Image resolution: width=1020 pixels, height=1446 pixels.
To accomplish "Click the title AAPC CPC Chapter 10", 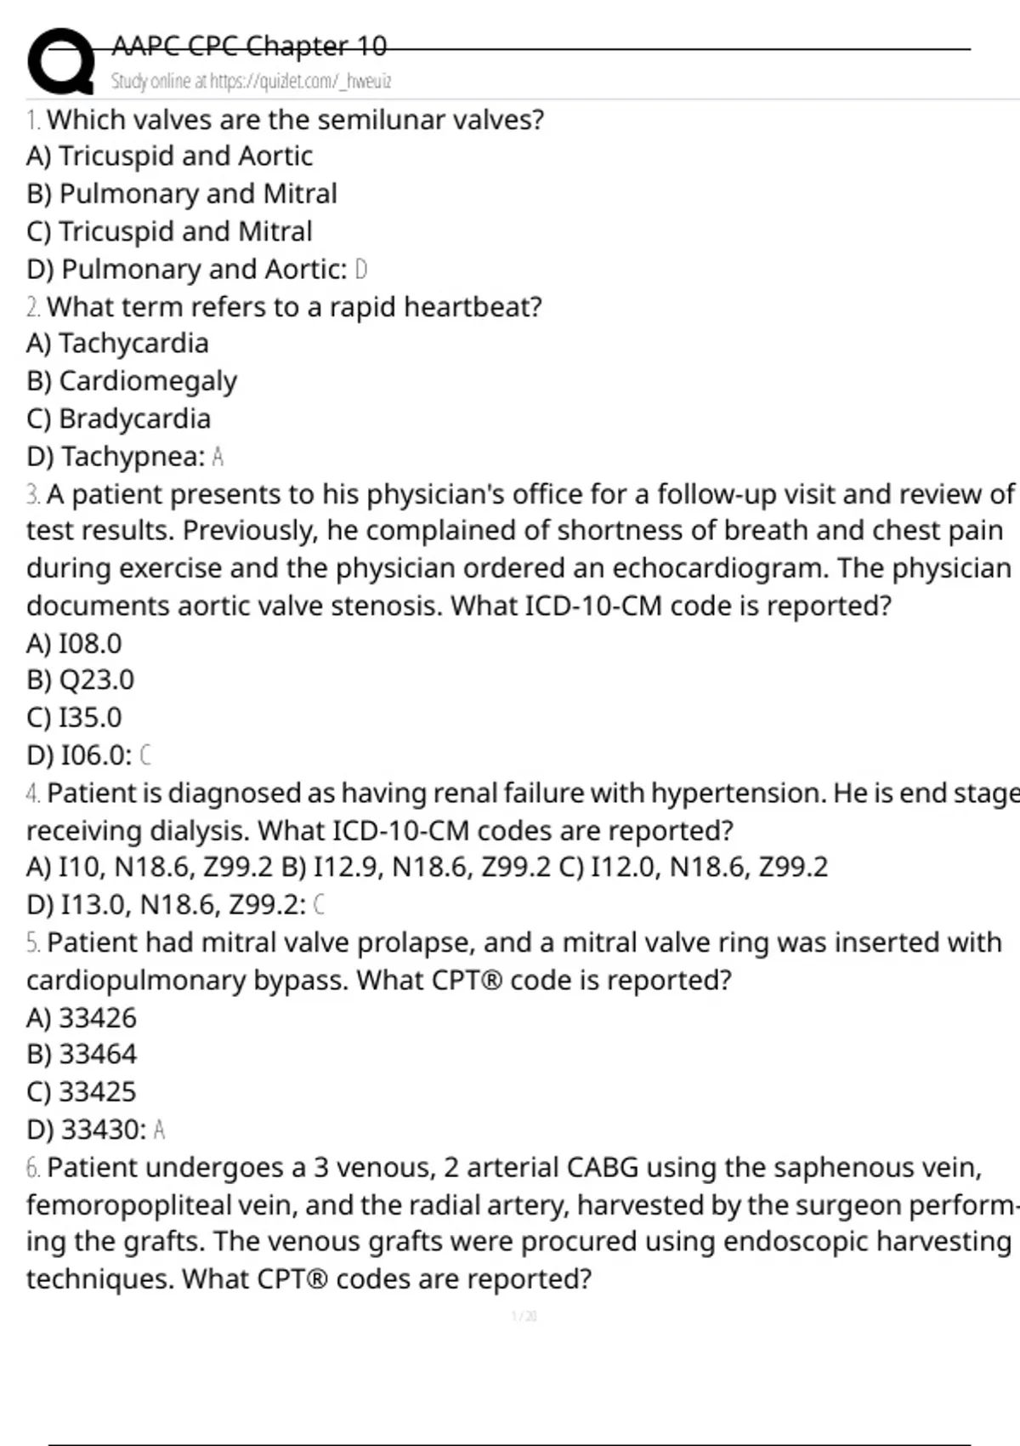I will (x=249, y=45).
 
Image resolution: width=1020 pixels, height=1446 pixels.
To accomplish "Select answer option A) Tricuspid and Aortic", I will (x=170, y=157).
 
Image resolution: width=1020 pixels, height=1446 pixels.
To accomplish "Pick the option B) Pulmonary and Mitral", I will (x=182, y=194).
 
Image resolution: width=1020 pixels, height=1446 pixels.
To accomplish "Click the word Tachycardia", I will (x=133, y=344).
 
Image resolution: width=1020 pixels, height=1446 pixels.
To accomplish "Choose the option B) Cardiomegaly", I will (x=132, y=381).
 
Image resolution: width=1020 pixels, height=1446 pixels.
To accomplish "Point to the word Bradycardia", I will (x=134, y=418).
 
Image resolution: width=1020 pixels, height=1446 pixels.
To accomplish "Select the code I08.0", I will (x=89, y=644).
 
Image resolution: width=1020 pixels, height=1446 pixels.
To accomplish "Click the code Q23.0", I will (x=96, y=680).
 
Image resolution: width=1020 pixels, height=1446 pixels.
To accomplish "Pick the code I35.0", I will (x=89, y=718).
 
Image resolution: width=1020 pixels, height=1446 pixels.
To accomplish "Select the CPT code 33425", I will (x=97, y=1092).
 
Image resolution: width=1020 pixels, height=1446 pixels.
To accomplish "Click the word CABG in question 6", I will (x=602, y=1167).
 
